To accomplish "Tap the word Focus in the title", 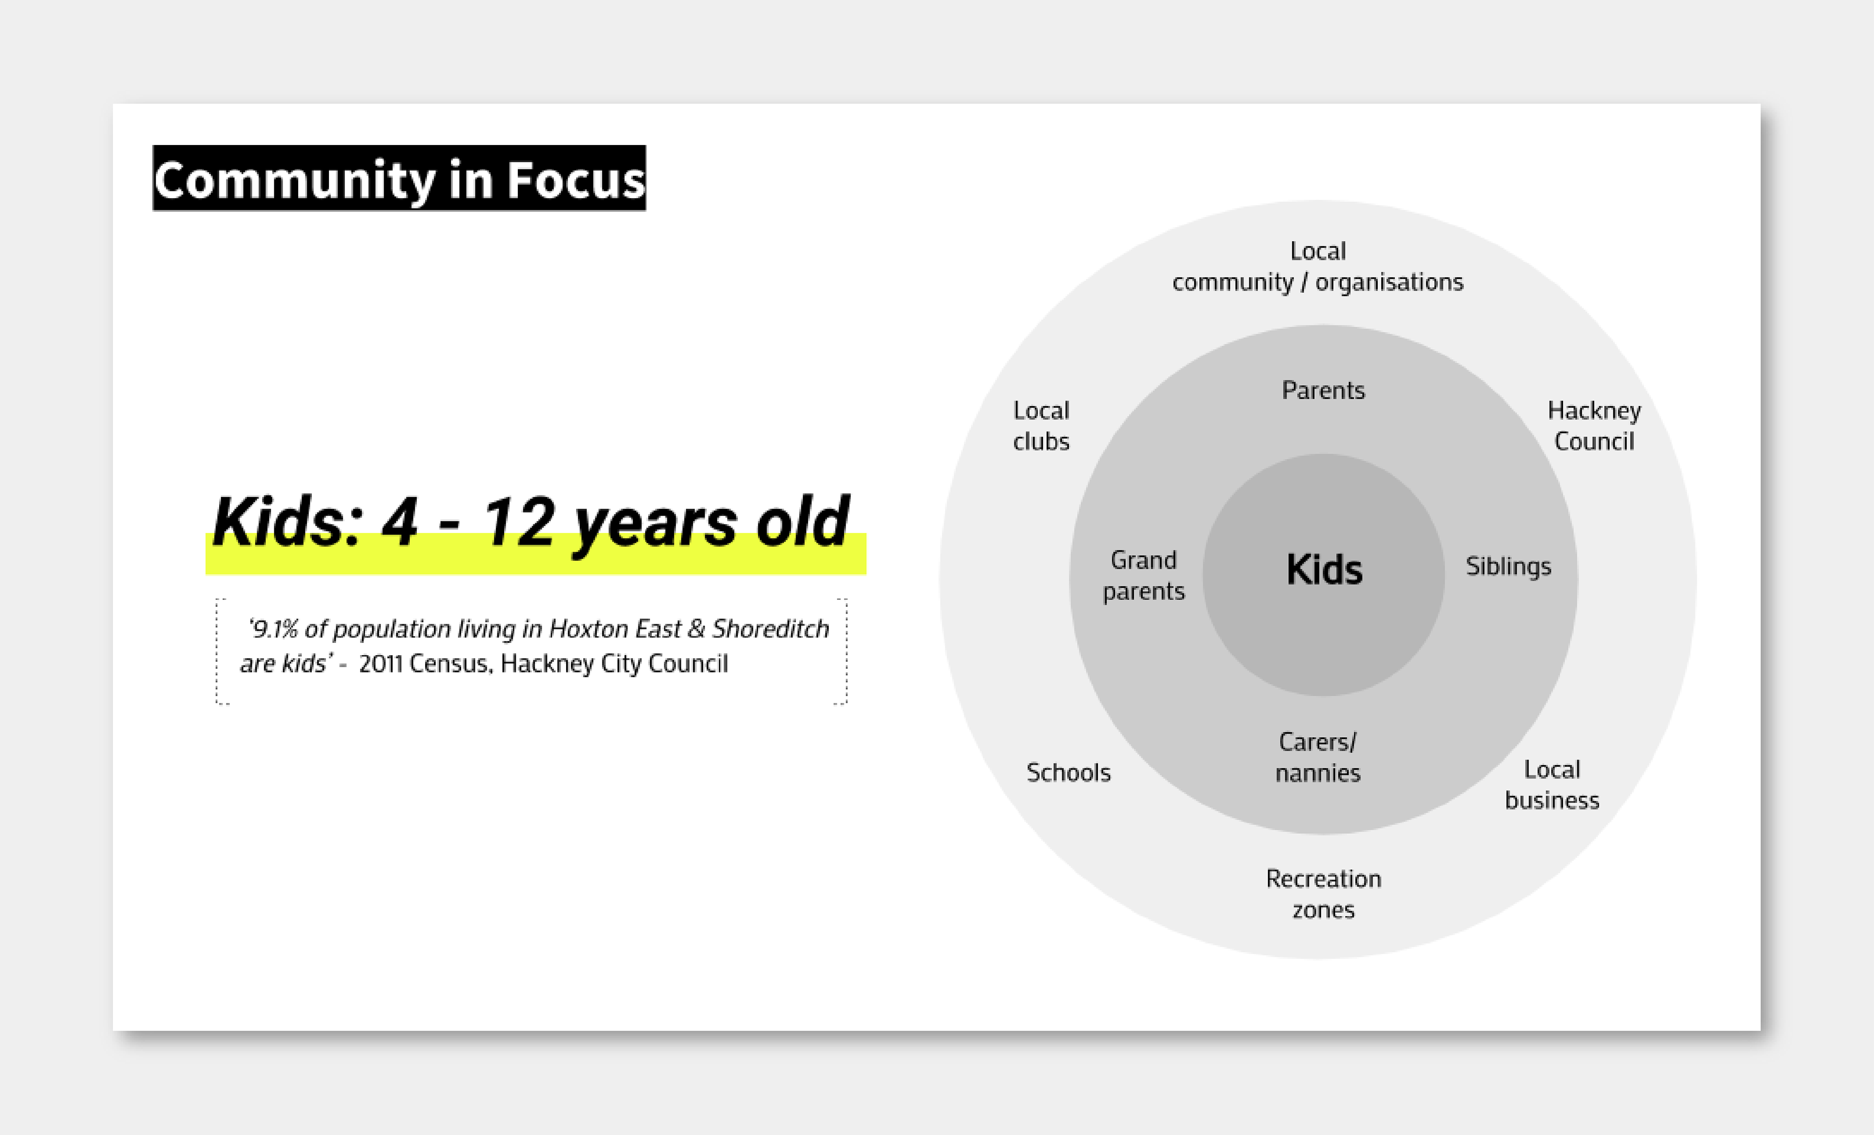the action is click(x=576, y=180).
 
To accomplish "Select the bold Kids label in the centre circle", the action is click(x=1324, y=569).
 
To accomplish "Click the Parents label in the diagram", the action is click(x=1324, y=390).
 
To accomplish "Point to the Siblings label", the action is click(x=1508, y=567).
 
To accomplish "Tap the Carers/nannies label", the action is click(x=1318, y=758).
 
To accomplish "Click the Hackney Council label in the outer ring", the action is click(x=1594, y=426).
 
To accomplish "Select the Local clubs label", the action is click(x=1041, y=426).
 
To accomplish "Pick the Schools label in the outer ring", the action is click(x=1069, y=773).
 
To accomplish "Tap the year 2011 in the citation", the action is click(x=380, y=664).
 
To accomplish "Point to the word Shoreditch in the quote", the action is click(x=771, y=629).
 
